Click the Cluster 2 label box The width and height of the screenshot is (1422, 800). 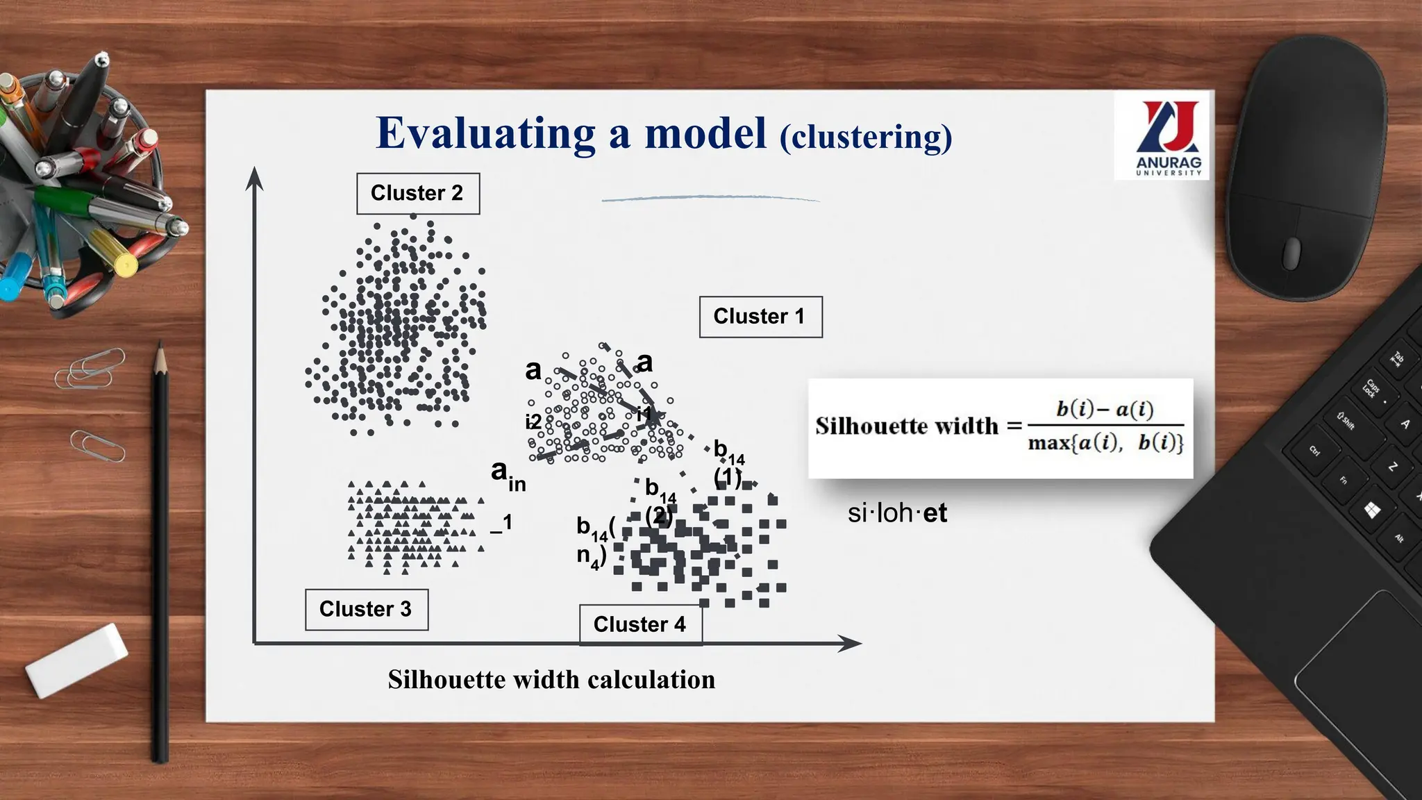click(417, 193)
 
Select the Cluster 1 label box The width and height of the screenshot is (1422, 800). click(760, 317)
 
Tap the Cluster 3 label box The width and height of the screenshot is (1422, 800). click(366, 609)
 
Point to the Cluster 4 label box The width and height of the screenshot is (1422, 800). click(639, 624)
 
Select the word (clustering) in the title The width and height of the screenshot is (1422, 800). click(865, 137)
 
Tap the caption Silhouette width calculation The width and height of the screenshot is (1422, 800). click(551, 679)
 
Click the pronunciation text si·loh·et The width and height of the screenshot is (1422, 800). click(897, 513)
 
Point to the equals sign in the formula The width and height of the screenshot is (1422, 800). click(1014, 426)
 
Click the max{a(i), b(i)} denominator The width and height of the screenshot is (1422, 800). click(1105, 442)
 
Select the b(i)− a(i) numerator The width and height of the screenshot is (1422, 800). click(1105, 409)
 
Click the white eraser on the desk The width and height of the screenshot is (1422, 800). click(77, 659)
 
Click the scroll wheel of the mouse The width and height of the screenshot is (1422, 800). click(1291, 252)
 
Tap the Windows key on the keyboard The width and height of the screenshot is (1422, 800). click(1372, 511)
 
